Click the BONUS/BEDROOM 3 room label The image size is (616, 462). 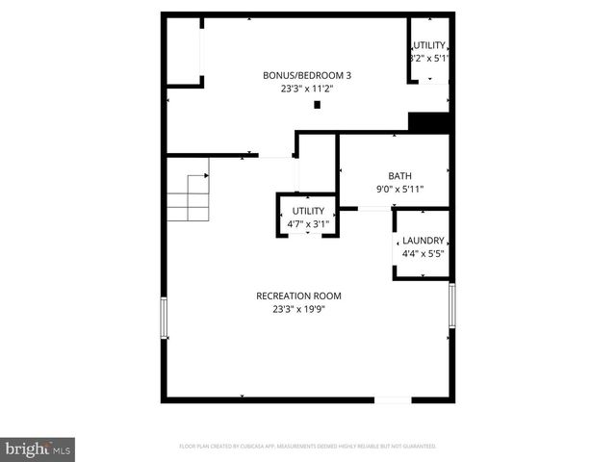pyautogui.click(x=307, y=75)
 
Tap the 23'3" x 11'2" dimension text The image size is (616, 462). pyautogui.click(x=307, y=89)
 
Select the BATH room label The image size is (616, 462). pyautogui.click(x=399, y=176)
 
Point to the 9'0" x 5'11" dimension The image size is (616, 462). pyautogui.click(x=399, y=190)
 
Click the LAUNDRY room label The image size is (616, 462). pyautogui.click(x=423, y=241)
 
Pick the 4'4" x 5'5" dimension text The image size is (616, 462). pyautogui.click(x=423, y=254)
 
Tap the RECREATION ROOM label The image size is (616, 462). pyautogui.click(x=298, y=295)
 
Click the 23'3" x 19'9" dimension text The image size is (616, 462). pyautogui.click(x=298, y=309)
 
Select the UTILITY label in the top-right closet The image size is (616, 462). pyautogui.click(x=429, y=46)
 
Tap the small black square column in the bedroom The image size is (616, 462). pyautogui.click(x=318, y=104)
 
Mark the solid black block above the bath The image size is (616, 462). pyautogui.click(x=429, y=123)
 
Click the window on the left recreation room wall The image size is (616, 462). pyautogui.click(x=164, y=317)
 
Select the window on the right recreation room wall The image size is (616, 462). pyautogui.click(x=451, y=304)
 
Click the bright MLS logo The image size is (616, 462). pyautogui.click(x=38, y=449)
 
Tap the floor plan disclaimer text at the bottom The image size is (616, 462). pyautogui.click(x=308, y=447)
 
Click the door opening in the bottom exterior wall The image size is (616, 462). pyautogui.click(x=392, y=398)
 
